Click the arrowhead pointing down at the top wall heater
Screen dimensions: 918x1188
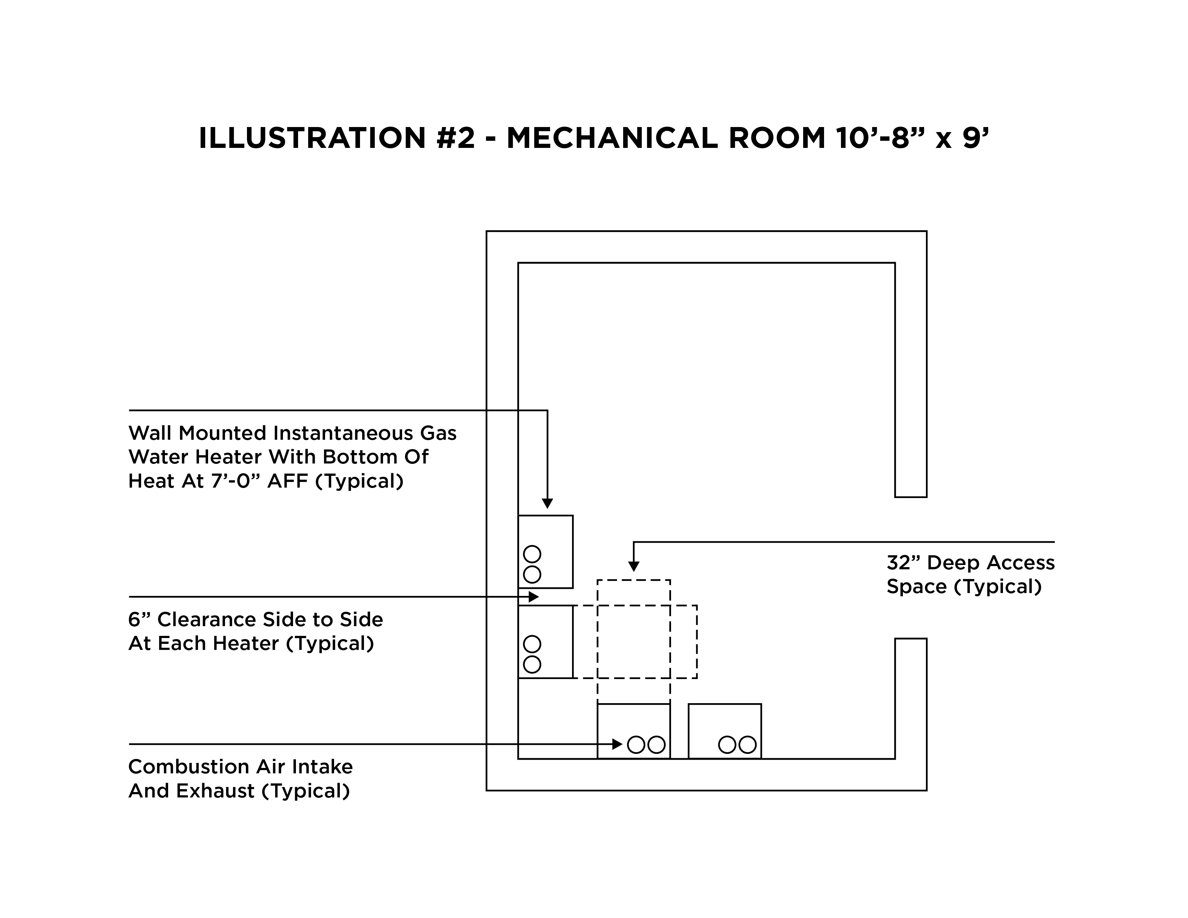point(547,503)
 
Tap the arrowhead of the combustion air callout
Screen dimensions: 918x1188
point(617,744)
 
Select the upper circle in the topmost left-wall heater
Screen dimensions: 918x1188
point(532,554)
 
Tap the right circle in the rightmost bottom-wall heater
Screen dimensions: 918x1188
point(747,745)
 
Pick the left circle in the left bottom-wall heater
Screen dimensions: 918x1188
point(636,745)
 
